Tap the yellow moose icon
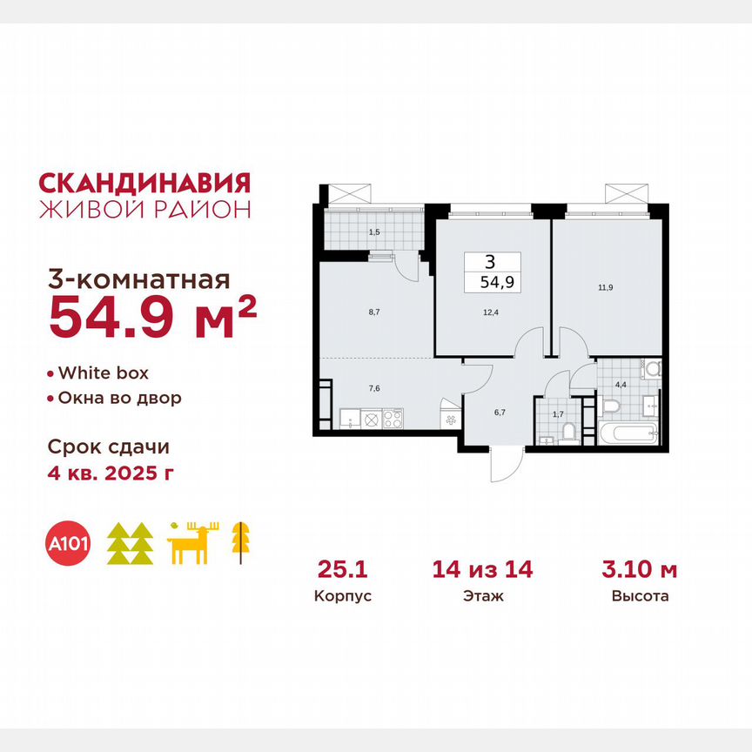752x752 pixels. (194, 544)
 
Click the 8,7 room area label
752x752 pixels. (374, 309)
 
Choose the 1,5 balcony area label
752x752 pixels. (374, 232)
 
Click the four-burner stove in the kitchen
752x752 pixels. (393, 419)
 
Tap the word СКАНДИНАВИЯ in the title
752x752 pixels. (145, 183)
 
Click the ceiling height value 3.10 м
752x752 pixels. (640, 570)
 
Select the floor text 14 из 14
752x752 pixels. (482, 570)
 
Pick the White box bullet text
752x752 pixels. (103, 373)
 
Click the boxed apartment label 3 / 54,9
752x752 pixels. (493, 272)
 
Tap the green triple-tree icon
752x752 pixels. (130, 544)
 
